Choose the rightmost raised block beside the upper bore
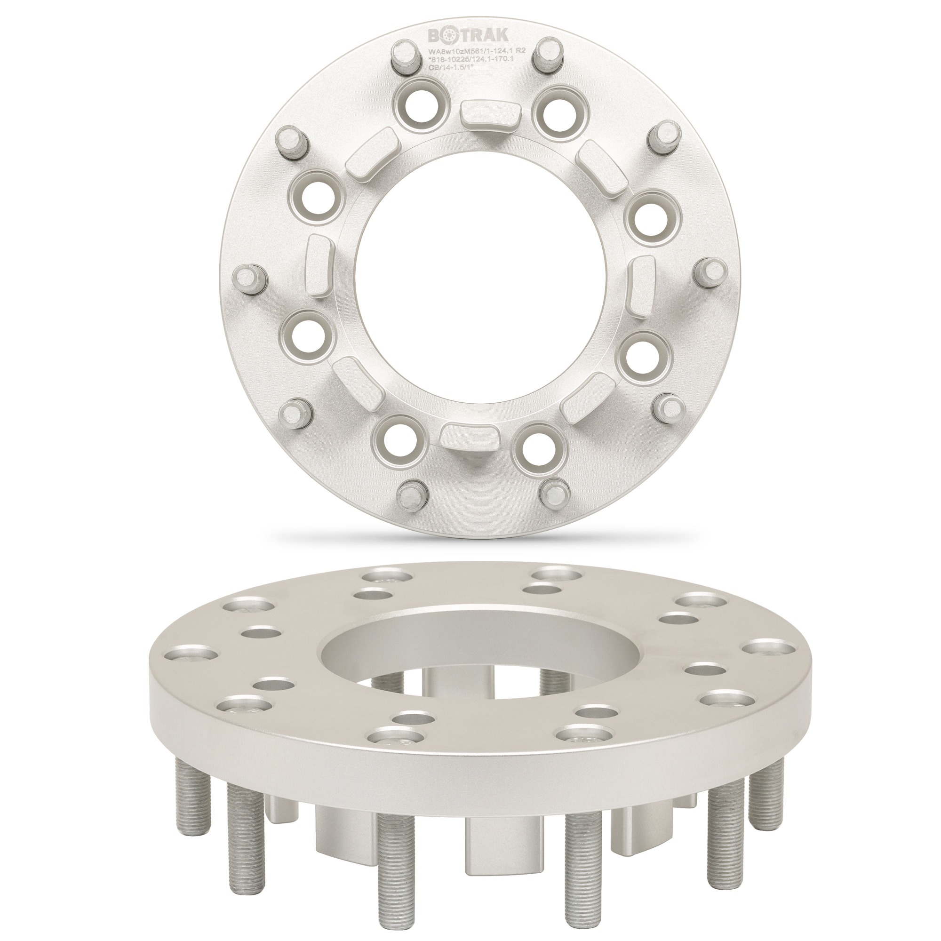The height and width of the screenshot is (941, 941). (642, 280)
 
